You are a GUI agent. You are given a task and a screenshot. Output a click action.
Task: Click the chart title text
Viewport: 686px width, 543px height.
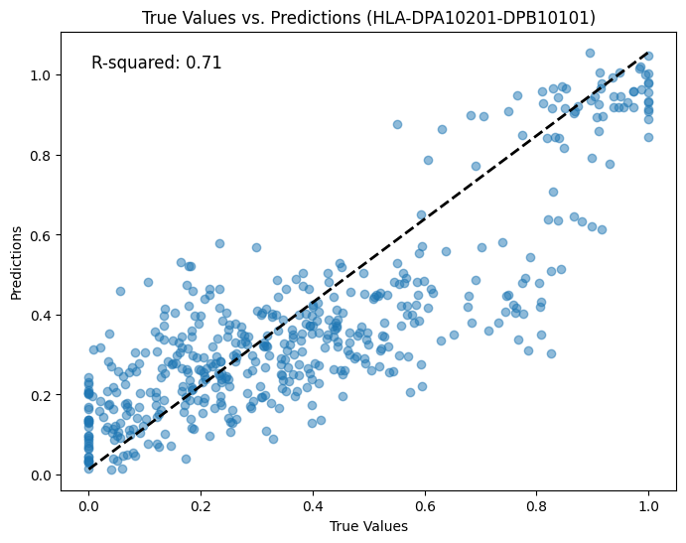(368, 18)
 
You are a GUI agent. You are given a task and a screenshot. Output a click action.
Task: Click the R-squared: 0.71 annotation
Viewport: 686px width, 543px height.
(156, 63)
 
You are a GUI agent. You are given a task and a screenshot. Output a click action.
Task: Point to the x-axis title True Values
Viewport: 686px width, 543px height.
(368, 526)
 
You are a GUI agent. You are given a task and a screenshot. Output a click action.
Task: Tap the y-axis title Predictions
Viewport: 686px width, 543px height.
(17, 262)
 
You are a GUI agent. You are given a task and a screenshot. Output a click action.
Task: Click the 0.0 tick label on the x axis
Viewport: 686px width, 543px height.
(88, 506)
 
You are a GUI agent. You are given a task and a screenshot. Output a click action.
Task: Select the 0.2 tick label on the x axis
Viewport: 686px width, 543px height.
(201, 506)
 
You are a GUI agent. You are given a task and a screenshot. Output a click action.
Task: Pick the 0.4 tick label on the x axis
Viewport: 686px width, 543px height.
(313, 506)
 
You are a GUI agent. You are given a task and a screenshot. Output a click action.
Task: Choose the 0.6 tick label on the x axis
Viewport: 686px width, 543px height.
(425, 506)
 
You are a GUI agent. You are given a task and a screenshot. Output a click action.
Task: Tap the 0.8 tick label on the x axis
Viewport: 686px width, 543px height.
(537, 506)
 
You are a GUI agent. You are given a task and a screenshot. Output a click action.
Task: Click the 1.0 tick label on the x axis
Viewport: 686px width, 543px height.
(649, 506)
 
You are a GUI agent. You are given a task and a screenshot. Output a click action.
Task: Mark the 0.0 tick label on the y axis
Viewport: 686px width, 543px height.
(40, 475)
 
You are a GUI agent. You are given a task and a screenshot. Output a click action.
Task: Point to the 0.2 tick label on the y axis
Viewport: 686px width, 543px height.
(40, 395)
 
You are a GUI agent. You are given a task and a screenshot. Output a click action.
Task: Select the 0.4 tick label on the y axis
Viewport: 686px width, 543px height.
(40, 315)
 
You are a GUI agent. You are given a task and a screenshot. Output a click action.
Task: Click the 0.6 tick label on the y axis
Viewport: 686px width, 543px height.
(40, 235)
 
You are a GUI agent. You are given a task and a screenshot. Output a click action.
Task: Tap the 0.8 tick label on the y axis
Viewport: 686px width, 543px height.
(40, 155)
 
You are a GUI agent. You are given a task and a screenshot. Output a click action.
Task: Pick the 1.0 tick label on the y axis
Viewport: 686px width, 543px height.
(40, 75)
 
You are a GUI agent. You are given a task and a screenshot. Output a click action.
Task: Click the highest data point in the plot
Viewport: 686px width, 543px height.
(590, 53)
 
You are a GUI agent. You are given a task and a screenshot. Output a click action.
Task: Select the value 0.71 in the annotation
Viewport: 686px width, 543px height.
(204, 63)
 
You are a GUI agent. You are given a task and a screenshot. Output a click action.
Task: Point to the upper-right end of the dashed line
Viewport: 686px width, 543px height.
(648, 52)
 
